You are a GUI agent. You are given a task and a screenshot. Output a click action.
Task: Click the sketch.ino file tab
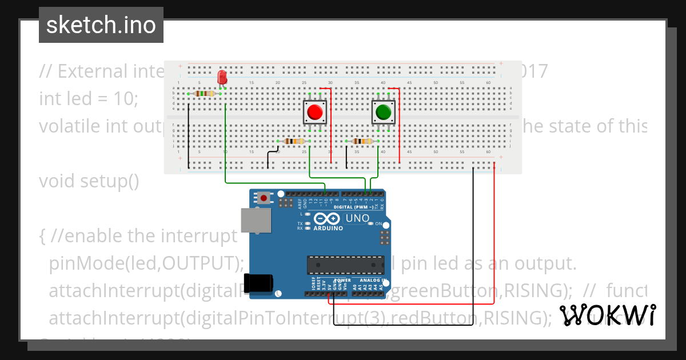coord(101,25)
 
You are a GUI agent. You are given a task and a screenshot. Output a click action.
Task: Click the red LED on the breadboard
coord(222,77)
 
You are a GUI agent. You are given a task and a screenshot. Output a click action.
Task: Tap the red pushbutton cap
coord(314,112)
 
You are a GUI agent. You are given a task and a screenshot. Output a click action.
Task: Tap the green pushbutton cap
coord(383,112)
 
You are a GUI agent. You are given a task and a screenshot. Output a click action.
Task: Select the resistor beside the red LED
coord(204,93)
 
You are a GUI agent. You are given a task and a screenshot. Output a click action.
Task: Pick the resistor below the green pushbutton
coord(362,141)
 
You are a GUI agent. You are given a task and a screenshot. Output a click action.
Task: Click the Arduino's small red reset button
coord(264,198)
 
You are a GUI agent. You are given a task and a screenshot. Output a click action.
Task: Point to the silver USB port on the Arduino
coord(251,220)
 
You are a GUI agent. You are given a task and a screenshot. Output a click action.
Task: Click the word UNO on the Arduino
coord(358,218)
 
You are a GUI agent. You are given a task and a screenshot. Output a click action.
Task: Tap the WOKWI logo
coord(607,315)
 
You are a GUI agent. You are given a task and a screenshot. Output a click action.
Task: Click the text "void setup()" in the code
coord(89,181)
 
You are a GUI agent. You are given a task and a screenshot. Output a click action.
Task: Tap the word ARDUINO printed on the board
coord(328,228)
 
